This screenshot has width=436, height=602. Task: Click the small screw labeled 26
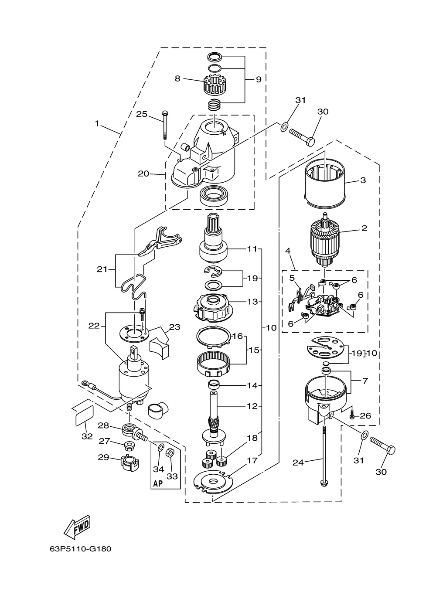click(352, 416)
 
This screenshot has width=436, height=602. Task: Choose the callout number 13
click(252, 302)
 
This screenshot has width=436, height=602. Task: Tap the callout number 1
click(97, 124)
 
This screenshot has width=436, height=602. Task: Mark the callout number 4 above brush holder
click(288, 251)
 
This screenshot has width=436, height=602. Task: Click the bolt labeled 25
click(164, 125)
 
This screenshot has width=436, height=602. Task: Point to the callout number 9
click(259, 79)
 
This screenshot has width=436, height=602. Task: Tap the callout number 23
click(174, 327)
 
